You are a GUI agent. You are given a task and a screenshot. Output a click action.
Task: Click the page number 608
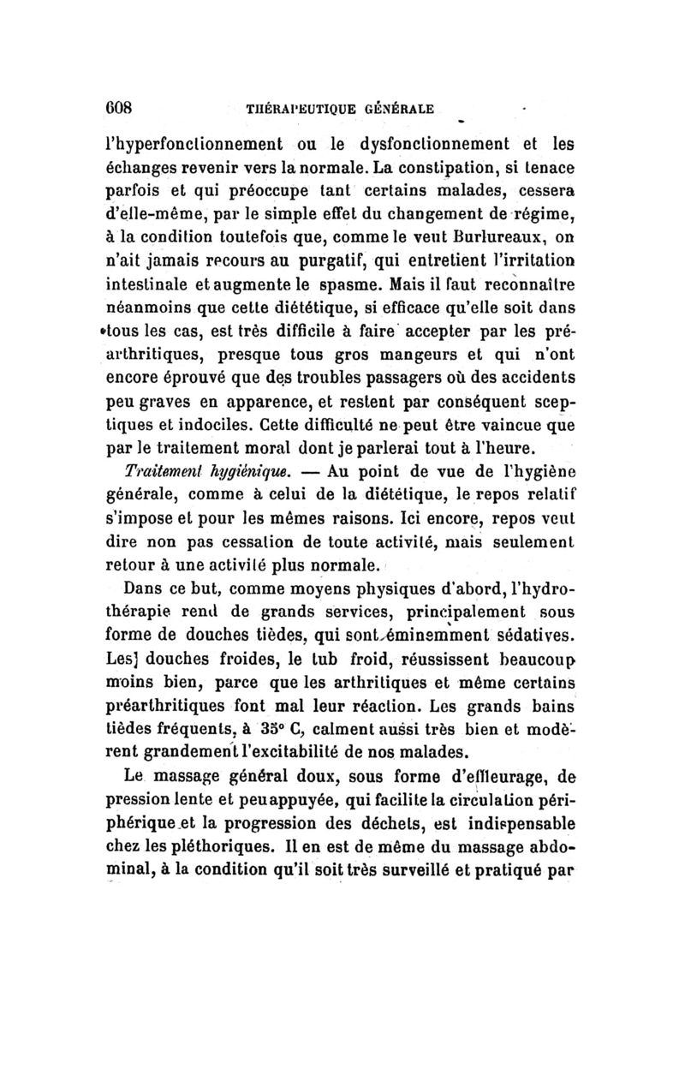(135, 109)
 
